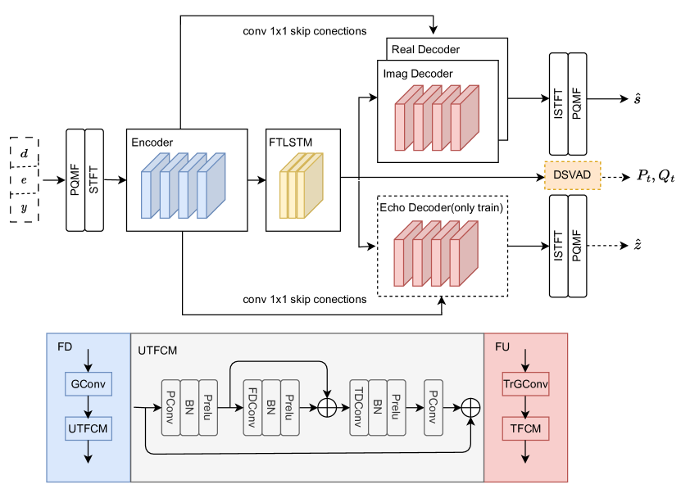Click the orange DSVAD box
click(573, 177)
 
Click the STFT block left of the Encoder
click(96, 180)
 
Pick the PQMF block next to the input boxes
click(75, 180)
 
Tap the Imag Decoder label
click(418, 74)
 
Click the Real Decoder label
click(425, 49)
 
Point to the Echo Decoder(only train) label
click(441, 207)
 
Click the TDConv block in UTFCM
click(358, 406)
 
